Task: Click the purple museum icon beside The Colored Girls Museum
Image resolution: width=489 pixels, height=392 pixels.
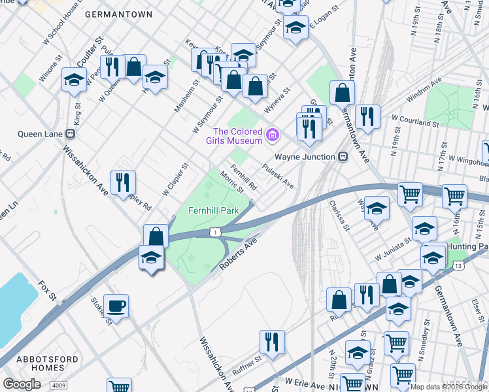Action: pos(273,135)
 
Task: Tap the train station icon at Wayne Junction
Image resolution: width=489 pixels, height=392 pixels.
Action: pos(342,157)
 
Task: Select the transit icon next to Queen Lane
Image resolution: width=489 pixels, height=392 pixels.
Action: pos(71,133)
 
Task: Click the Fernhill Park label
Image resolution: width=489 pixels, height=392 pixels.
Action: pos(213,211)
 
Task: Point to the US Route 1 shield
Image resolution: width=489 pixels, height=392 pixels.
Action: pos(214,232)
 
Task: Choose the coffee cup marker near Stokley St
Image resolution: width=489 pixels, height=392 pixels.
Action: pos(116,306)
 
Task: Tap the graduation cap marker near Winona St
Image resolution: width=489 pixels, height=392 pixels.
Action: pos(75,80)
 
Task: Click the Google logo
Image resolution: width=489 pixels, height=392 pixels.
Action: pos(22,384)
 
